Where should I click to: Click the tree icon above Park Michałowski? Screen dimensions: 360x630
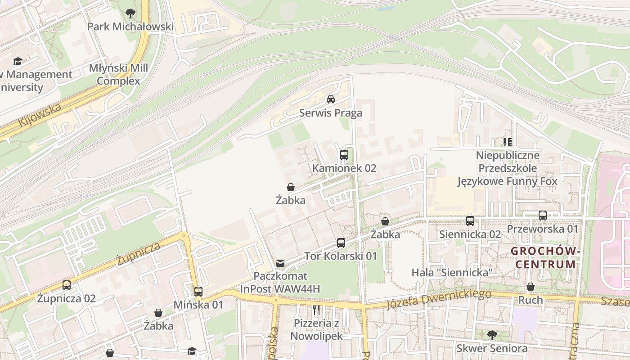[130, 13]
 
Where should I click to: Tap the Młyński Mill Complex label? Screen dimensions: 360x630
[118, 75]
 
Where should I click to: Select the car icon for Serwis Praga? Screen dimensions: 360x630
[331, 99]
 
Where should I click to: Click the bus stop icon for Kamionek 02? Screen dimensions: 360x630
[344, 155]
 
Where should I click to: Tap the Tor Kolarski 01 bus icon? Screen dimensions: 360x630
[341, 243]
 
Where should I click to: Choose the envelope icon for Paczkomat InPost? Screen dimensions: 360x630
[280, 263]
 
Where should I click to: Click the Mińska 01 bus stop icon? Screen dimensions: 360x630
[198, 292]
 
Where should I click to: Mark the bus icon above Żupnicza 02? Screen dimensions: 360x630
[67, 285]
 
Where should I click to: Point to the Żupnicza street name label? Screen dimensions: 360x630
[138, 254]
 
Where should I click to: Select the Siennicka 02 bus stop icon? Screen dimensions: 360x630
[470, 221]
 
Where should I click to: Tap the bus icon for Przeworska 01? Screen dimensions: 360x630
[543, 216]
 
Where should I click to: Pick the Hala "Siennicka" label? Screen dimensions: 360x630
[453, 273]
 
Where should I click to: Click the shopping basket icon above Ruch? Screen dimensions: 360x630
[531, 287]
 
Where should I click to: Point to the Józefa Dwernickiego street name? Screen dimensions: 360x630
[439, 300]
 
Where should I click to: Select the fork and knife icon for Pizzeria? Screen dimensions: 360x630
[316, 310]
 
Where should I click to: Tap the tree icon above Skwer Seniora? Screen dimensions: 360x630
[492, 335]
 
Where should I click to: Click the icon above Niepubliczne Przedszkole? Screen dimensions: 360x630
[508, 143]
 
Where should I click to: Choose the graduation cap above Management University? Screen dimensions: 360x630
[18, 61]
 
